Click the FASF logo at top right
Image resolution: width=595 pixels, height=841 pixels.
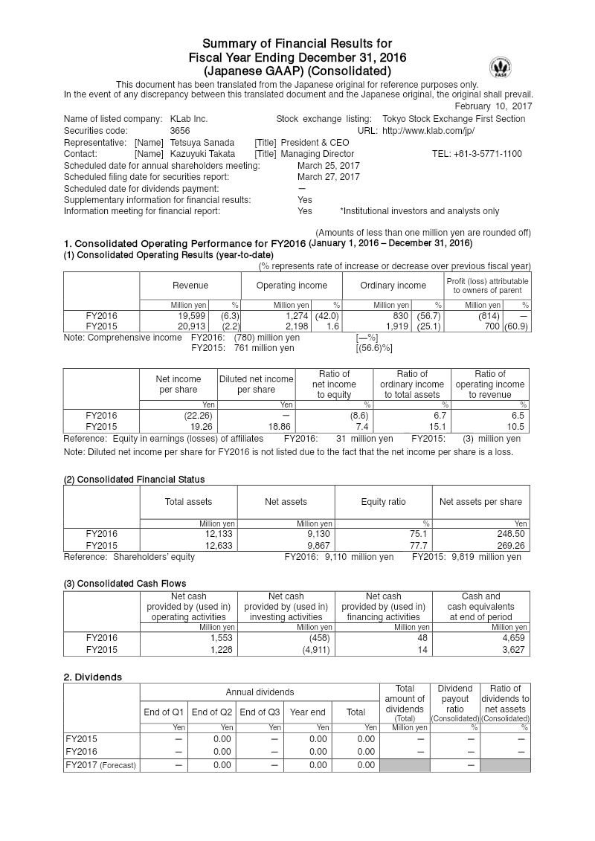coord(500,68)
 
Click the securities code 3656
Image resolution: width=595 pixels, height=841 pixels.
coord(181,130)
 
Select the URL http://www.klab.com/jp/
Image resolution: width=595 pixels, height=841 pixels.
coord(428,130)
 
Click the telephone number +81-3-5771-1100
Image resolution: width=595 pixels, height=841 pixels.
coord(476,154)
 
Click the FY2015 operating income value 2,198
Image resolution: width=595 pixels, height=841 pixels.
coord(295,326)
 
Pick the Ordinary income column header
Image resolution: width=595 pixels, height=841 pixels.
coord(393,286)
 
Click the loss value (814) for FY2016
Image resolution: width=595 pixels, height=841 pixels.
coord(488,315)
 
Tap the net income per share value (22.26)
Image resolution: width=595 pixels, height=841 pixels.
coord(183,416)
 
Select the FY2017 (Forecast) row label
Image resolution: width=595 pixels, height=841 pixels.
coord(100,765)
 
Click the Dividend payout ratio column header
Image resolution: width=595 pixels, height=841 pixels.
coord(454,704)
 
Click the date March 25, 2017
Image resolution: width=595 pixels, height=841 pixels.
coord(328,165)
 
